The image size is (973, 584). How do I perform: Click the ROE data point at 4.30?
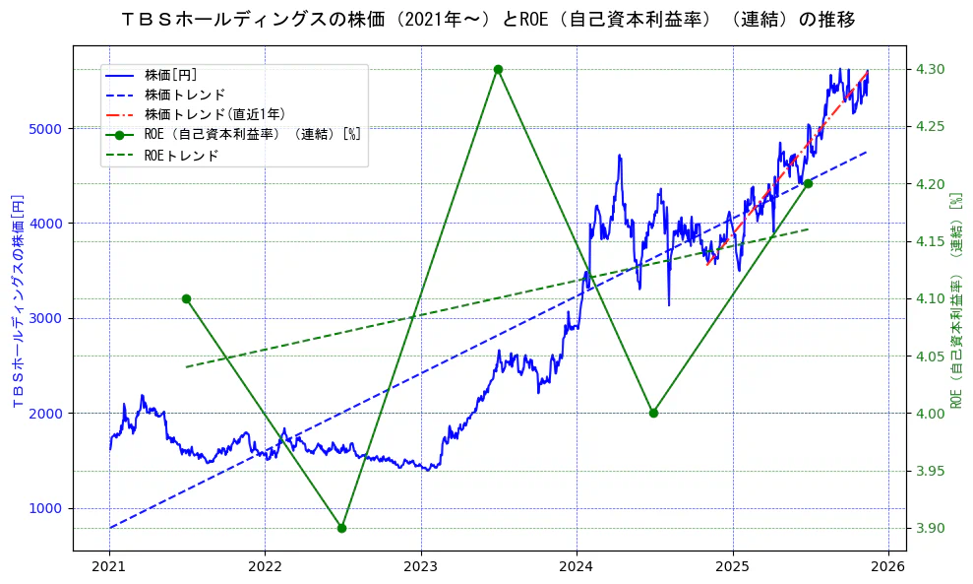[x=498, y=69]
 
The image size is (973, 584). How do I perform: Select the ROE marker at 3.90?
[x=341, y=528]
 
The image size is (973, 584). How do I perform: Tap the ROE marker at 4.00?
[x=653, y=413]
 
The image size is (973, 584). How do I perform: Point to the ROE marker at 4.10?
[x=186, y=298]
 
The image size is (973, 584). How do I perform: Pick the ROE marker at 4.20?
[x=808, y=183]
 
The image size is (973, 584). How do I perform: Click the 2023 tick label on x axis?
[x=421, y=567]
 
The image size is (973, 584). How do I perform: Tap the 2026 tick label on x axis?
[x=888, y=567]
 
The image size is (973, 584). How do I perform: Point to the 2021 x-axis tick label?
[x=109, y=567]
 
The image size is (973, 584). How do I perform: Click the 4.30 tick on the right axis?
[x=931, y=69]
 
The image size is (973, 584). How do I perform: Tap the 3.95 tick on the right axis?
[x=931, y=471]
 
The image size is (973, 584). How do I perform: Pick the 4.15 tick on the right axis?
[x=931, y=241]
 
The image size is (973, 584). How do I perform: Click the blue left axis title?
[x=17, y=300]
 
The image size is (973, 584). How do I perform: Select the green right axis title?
[x=955, y=300]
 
